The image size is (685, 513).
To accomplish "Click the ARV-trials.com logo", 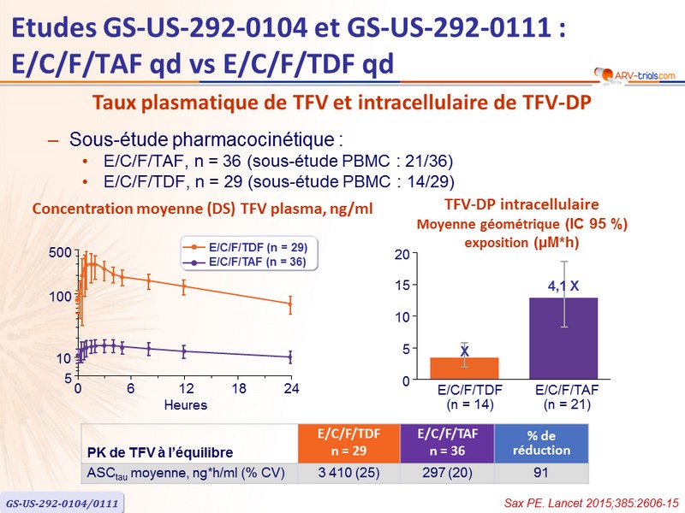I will pyautogui.click(x=632, y=74).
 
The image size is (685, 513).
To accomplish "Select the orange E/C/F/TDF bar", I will pyautogui.click(x=464, y=368).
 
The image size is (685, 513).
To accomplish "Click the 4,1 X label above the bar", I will pyautogui.click(x=563, y=286).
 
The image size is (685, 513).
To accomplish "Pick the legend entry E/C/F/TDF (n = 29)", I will pyautogui.click(x=246, y=246).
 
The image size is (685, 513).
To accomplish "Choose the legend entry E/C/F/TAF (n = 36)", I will pyautogui.click(x=246, y=262).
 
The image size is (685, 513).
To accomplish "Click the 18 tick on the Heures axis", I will pyautogui.click(x=238, y=389).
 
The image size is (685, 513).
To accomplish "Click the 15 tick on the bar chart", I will pyautogui.click(x=403, y=285).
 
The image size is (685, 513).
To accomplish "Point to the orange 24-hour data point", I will pyautogui.click(x=290, y=304).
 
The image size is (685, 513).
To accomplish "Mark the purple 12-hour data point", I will pyautogui.click(x=184, y=351).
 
